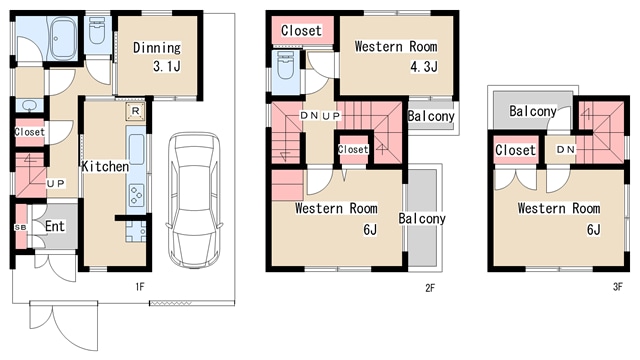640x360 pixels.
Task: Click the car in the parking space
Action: coord(194,200)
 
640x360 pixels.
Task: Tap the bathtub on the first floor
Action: coord(62,38)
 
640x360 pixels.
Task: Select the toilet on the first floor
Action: coord(97,31)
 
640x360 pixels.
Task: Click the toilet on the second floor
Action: coord(285,66)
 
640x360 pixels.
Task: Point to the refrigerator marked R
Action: coord(136,111)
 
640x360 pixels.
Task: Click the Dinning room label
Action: coord(157,48)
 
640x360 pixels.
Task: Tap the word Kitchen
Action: coord(105,166)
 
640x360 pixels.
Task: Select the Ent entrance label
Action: coord(55,226)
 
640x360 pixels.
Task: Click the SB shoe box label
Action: coord(20,227)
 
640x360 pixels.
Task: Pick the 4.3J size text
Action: coord(424,67)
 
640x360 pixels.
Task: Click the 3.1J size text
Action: coord(167,66)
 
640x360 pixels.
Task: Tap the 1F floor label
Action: coord(140,287)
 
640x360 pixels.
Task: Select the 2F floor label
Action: coord(430,288)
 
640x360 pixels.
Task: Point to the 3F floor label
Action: coord(618,287)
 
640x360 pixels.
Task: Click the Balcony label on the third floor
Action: coord(533,111)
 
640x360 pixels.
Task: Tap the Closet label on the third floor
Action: coord(515,150)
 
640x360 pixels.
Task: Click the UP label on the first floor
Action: coord(56,183)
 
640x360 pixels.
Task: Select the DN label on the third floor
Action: coord(566,150)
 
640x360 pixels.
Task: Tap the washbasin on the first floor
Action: coord(30,105)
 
